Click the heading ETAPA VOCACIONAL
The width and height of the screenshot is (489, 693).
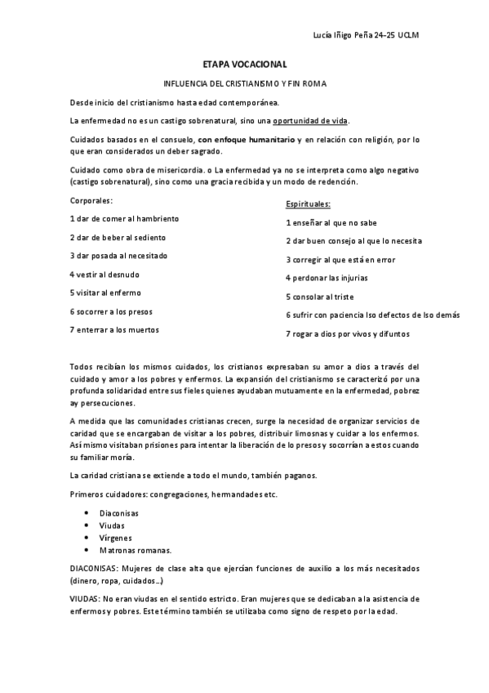click(x=244, y=63)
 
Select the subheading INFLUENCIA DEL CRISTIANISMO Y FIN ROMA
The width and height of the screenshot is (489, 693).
click(x=244, y=83)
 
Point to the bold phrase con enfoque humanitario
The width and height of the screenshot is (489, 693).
click(x=246, y=140)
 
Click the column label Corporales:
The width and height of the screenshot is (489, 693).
click(x=91, y=200)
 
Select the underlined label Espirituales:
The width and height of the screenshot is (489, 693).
click(x=309, y=203)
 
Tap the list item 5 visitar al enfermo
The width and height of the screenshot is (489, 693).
click(x=106, y=293)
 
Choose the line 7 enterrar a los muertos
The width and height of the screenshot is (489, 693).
click(x=114, y=329)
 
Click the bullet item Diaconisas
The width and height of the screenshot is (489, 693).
click(x=119, y=512)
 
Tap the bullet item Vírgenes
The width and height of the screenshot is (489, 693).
click(x=115, y=538)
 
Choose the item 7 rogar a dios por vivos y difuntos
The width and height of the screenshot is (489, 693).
click(x=348, y=333)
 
